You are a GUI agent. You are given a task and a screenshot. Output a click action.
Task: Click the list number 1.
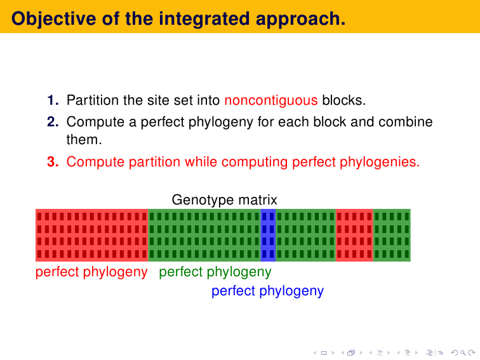(53, 100)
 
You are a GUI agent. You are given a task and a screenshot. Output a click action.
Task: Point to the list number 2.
(53, 121)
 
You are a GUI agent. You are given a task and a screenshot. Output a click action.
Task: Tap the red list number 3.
(53, 162)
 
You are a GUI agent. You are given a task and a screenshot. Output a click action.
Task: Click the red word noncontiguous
(271, 100)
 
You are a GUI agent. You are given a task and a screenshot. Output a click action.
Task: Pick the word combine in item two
(405, 121)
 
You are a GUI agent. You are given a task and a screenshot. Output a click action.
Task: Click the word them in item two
(84, 140)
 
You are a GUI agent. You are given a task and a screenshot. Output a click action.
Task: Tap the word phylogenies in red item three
(380, 163)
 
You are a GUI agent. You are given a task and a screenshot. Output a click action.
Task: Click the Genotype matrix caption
(224, 200)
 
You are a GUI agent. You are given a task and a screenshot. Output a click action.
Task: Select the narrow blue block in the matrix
(268, 235)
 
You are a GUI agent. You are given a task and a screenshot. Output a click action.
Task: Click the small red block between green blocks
(354, 235)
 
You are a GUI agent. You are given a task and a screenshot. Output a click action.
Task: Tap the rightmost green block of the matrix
(392, 235)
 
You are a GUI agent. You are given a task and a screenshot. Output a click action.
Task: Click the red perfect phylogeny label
(91, 272)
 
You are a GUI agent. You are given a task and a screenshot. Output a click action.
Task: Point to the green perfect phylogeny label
(215, 272)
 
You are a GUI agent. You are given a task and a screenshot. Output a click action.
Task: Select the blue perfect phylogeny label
(267, 291)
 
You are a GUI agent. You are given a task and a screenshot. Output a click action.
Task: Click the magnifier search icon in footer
(463, 353)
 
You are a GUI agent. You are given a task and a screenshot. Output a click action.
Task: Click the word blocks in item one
(343, 100)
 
